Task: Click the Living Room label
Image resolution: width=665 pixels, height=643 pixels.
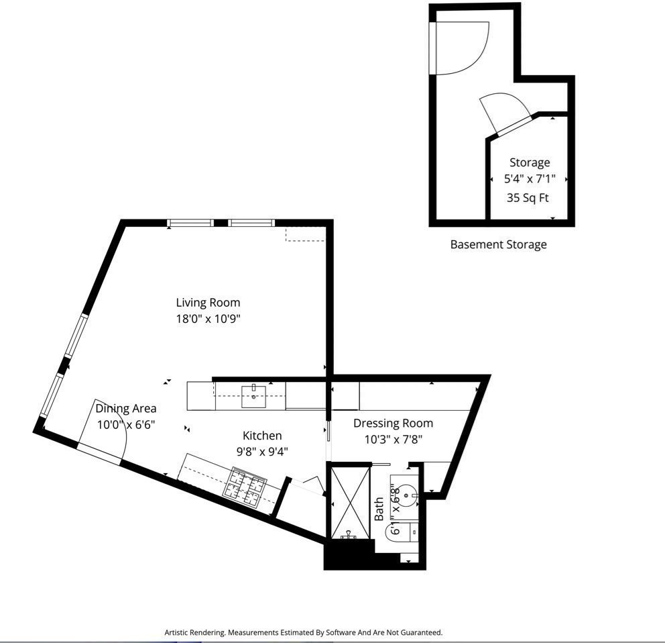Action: [208, 303]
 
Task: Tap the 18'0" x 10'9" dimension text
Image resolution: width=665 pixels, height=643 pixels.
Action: [208, 319]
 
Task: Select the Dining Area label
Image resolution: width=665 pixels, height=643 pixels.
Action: [126, 408]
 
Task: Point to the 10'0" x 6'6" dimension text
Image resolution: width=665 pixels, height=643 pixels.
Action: [126, 425]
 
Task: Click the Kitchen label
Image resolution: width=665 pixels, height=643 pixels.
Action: [262, 436]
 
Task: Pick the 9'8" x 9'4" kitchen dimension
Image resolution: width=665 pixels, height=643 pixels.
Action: [262, 452]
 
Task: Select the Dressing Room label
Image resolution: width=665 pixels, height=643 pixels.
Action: [393, 423]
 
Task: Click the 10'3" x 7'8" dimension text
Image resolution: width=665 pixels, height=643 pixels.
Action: [393, 440]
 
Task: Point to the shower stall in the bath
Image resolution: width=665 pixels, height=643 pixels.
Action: [348, 501]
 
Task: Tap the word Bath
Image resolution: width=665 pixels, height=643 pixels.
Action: [379, 509]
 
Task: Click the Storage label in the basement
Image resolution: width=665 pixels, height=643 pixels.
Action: [530, 162]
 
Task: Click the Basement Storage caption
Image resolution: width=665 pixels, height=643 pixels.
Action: [498, 244]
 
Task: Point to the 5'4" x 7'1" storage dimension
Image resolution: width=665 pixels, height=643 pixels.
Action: [530, 179]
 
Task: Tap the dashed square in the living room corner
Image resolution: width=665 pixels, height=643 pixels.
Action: [305, 234]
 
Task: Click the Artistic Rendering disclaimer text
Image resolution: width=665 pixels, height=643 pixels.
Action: [304, 632]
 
